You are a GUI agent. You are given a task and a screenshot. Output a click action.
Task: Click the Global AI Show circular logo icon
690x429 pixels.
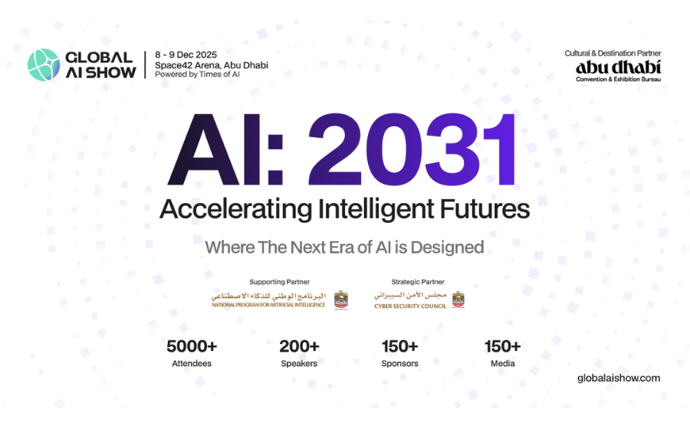[44, 65]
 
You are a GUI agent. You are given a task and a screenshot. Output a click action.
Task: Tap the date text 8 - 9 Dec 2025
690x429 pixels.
[186, 55]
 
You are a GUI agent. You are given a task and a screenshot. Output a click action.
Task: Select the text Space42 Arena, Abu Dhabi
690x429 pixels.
[211, 65]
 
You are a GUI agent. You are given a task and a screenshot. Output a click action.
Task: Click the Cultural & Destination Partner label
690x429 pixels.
[613, 54]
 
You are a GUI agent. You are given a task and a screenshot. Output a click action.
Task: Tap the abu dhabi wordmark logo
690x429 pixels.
[618, 67]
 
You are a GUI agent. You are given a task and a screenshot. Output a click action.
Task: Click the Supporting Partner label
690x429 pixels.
[279, 282]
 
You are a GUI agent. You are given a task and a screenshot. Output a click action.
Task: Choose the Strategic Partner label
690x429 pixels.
[418, 282]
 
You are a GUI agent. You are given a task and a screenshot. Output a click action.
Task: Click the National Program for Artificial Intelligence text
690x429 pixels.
[268, 305]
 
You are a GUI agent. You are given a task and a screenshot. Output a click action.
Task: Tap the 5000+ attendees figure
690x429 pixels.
[192, 345]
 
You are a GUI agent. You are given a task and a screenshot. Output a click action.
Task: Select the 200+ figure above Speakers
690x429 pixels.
[299, 345]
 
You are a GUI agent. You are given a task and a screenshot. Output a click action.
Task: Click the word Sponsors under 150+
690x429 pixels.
[399, 363]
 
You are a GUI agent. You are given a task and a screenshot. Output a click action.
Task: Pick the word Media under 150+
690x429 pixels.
[502, 363]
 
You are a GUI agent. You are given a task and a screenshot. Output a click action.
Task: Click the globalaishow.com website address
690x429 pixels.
[618, 378]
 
